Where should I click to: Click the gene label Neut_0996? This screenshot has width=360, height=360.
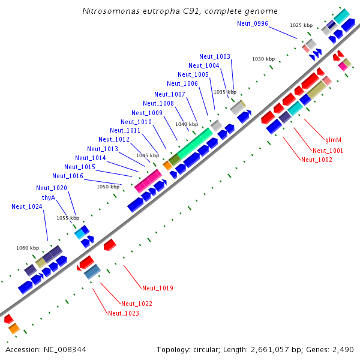(253, 23)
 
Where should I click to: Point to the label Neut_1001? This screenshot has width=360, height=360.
(328, 151)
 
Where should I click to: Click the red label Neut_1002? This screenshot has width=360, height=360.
(316, 160)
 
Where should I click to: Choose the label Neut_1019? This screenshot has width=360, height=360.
(158, 289)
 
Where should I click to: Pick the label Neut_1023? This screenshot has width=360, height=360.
(123, 313)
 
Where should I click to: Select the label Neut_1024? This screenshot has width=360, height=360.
(26, 206)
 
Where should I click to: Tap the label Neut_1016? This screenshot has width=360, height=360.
(67, 176)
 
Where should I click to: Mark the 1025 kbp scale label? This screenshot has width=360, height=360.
(301, 25)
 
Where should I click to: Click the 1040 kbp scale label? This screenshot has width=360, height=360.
(185, 124)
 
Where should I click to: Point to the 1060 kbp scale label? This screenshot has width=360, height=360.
(28, 248)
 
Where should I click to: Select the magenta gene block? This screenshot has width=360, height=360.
(148, 180)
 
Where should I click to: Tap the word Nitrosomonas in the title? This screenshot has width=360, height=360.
(108, 11)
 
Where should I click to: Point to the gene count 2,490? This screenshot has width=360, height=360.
(342, 349)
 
